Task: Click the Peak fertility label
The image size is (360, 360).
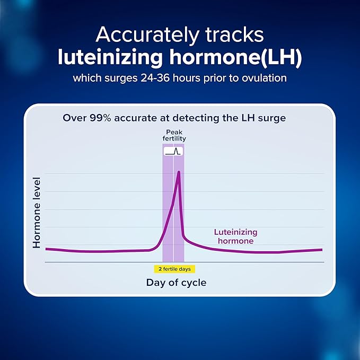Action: (x=174, y=135)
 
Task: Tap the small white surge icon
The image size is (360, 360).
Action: (x=173, y=151)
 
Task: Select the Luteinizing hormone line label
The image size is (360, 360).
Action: (x=235, y=236)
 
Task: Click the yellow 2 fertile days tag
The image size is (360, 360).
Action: (x=174, y=269)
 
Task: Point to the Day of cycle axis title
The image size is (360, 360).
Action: (x=176, y=283)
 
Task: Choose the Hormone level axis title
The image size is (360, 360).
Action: (x=37, y=213)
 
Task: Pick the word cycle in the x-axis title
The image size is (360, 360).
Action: (x=193, y=283)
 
